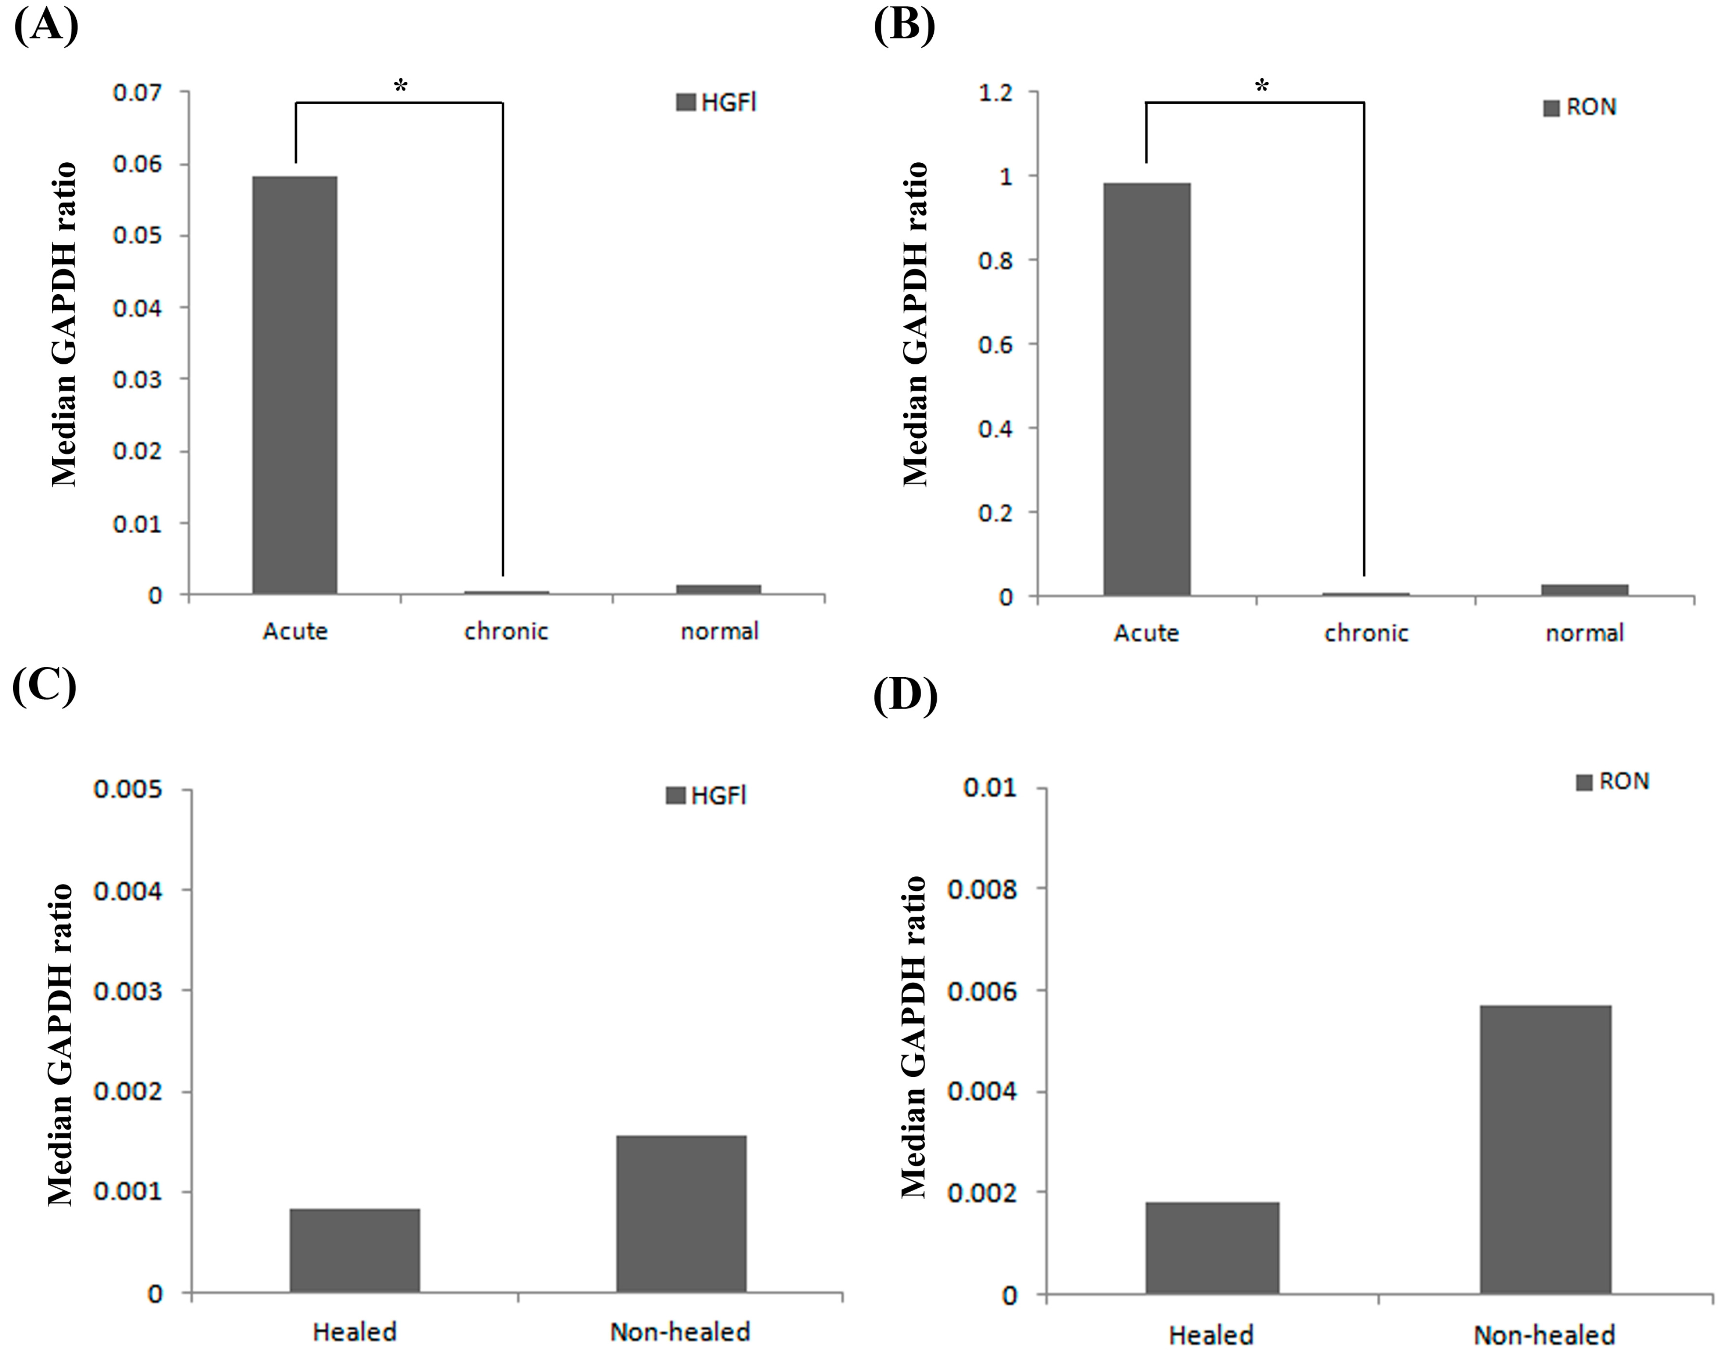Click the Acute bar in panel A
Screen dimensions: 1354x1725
[294, 385]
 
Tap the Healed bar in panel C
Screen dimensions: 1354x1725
[354, 1250]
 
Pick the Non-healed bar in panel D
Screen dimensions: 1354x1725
[1545, 1150]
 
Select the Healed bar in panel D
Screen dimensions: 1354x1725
[1211, 1248]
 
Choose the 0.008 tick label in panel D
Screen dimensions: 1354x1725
[982, 889]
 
